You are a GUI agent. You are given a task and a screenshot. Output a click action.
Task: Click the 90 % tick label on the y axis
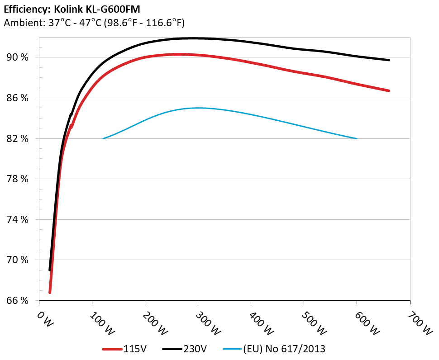tap(17, 57)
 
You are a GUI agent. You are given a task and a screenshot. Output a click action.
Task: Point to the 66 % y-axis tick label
tap(17, 301)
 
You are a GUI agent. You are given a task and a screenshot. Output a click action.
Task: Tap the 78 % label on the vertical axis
tap(17, 179)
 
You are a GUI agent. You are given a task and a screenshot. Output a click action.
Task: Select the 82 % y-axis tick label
tap(17, 138)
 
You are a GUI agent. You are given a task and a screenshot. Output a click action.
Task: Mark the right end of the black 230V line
tap(389, 60)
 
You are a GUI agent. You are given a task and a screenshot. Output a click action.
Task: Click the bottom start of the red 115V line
tap(50, 292)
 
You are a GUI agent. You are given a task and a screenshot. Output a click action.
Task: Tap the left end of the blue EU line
tap(103, 138)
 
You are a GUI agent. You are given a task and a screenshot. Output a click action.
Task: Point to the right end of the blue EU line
tap(357, 138)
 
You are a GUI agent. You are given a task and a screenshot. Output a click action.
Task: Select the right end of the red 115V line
tap(389, 90)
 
